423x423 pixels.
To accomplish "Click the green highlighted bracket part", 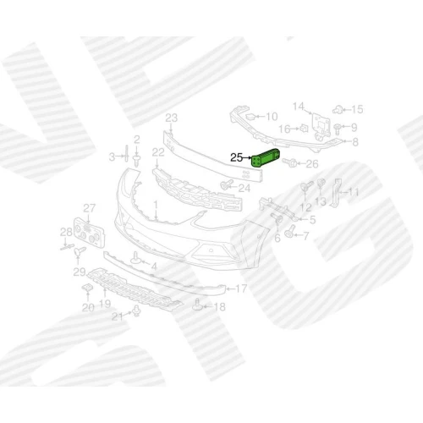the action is [x=266, y=158].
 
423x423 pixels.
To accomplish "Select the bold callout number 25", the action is [x=237, y=157].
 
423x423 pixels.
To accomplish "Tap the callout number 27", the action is [x=90, y=208].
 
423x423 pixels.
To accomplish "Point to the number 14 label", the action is [x=299, y=107].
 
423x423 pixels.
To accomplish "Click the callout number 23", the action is [x=172, y=118].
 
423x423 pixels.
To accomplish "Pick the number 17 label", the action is [x=241, y=288].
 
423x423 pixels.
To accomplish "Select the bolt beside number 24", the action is [x=227, y=184].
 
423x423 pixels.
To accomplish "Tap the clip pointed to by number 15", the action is [x=338, y=109].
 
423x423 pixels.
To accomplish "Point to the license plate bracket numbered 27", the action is [x=89, y=233].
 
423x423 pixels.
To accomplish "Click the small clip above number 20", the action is [x=87, y=288].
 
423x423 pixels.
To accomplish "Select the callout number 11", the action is [x=353, y=192].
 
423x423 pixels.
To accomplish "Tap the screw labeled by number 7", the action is [x=289, y=232].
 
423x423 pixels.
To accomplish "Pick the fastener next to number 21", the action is [x=136, y=311].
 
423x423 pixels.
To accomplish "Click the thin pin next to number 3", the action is [x=126, y=153].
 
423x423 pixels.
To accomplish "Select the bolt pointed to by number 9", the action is [x=337, y=129].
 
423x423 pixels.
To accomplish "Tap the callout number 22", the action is [x=158, y=152].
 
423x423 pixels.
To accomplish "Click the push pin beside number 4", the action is [x=135, y=258].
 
